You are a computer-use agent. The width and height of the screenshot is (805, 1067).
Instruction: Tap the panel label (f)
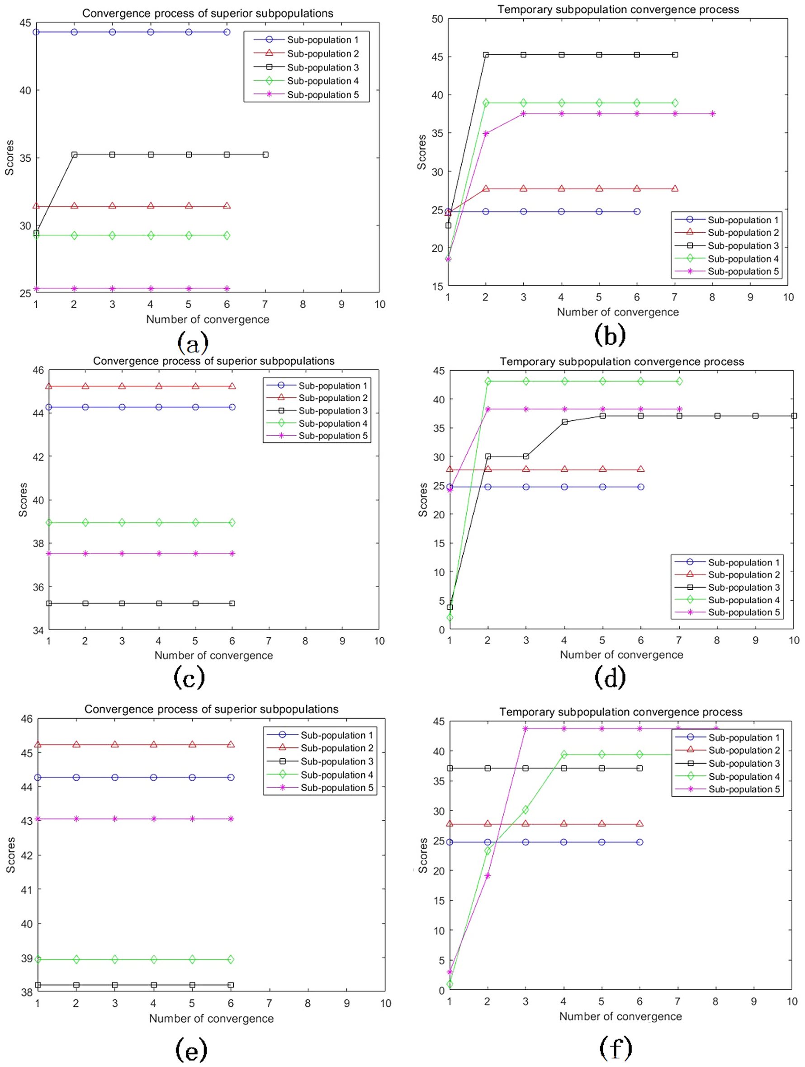pyautogui.click(x=616, y=1047)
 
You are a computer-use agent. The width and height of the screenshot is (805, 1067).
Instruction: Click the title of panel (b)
pyautogui.click(x=618, y=9)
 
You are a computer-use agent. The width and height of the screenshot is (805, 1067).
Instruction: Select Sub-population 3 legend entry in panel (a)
pyautogui.click(x=322, y=67)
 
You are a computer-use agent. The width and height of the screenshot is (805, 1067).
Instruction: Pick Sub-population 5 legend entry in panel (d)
pyautogui.click(x=743, y=612)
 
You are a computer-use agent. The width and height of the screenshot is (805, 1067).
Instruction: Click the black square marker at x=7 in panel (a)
pyautogui.click(x=265, y=155)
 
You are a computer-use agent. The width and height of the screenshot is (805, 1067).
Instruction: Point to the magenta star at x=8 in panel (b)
pyautogui.click(x=712, y=114)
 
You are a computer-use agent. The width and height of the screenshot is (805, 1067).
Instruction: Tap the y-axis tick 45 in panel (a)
pyautogui.click(x=24, y=23)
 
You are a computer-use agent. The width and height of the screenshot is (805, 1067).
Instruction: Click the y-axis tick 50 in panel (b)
pyautogui.click(x=437, y=19)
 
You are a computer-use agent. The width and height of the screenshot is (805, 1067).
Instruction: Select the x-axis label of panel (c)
pyautogui.click(x=213, y=655)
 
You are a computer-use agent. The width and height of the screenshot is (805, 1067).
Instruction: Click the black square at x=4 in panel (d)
pyautogui.click(x=564, y=422)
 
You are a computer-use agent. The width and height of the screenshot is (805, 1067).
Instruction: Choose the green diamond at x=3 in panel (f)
pyautogui.click(x=525, y=810)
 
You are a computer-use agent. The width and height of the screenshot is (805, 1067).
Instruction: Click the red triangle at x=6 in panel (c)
pyautogui.click(x=232, y=386)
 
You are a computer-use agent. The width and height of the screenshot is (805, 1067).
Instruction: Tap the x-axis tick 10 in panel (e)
pyautogui.click(x=385, y=1003)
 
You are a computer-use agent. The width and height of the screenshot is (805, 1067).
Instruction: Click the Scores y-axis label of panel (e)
pyautogui.click(x=10, y=855)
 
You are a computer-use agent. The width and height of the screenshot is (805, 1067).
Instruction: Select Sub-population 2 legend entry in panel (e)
pyautogui.click(x=336, y=748)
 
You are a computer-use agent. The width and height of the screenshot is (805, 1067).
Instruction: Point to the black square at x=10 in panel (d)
pyautogui.click(x=794, y=416)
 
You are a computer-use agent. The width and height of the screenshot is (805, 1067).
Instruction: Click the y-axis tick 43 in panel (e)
pyautogui.click(x=27, y=821)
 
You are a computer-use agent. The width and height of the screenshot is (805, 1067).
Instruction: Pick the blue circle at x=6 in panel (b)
pyautogui.click(x=637, y=212)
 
